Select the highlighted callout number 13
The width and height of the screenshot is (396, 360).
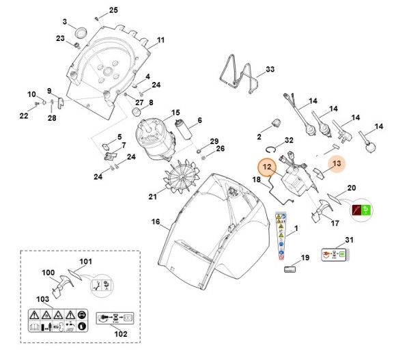[x=335, y=163]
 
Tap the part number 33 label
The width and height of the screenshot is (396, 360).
[x=270, y=70]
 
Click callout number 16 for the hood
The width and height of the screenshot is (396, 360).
[x=155, y=222]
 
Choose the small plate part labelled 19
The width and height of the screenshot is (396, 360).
[x=289, y=270]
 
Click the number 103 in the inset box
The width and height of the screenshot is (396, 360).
[x=42, y=300]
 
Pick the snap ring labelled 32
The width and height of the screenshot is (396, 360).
[x=272, y=148]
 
